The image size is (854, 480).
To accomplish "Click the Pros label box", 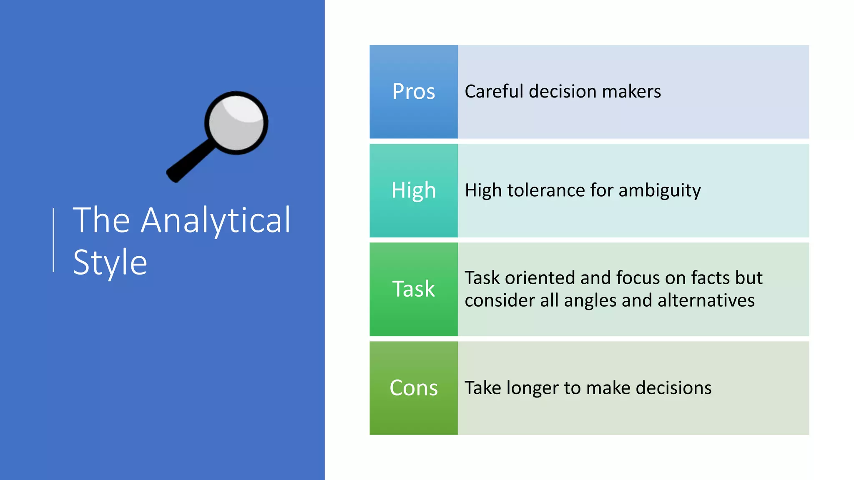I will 413,92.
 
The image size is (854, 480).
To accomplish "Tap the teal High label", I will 413,190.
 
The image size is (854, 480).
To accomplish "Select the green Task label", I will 413,289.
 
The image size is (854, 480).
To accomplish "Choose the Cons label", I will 413,388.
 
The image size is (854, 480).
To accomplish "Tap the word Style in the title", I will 110,263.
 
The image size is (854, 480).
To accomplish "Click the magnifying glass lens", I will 236,123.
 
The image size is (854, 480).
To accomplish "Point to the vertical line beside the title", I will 53,240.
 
